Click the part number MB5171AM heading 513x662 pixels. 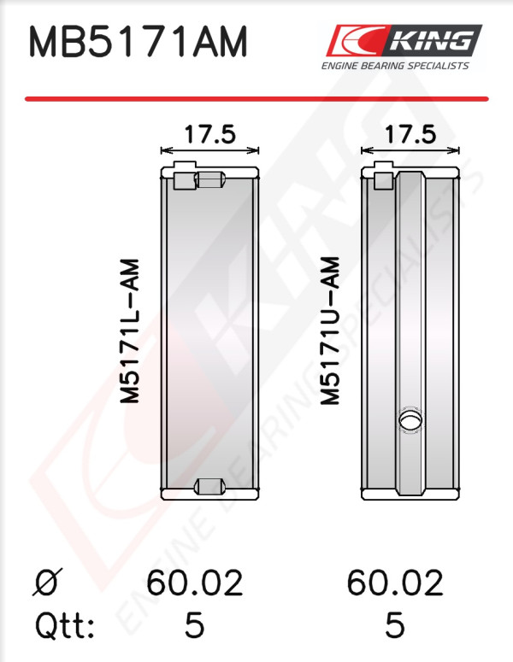[138, 41]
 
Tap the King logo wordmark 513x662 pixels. [432, 41]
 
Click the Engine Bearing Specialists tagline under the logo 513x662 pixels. [395, 66]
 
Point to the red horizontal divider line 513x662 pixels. [256, 99]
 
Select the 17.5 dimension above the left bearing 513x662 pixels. [209, 135]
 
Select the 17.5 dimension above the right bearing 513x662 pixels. [410, 135]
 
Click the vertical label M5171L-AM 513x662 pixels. [130, 331]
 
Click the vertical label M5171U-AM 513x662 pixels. [330, 331]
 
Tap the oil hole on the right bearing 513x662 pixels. [410, 421]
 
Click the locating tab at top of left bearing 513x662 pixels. [185, 175]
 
